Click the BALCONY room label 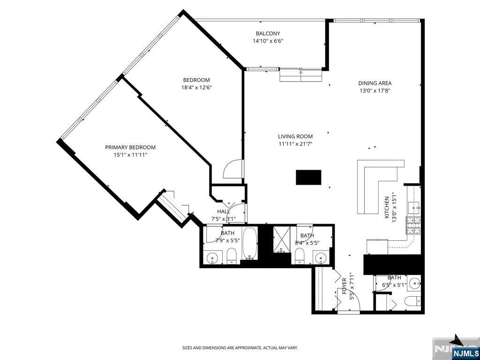coord(268,33)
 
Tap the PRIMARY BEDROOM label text coord(130,147)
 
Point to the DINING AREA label coord(375,83)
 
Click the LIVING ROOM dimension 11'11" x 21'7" coord(295,144)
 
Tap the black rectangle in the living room coord(308,177)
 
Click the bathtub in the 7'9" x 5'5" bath coord(249,243)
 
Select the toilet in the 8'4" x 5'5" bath coord(300,256)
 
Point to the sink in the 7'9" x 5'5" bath coord(214,257)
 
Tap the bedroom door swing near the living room coord(233,170)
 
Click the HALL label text coord(223,211)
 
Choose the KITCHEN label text coord(387,207)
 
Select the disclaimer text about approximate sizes coord(240,348)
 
